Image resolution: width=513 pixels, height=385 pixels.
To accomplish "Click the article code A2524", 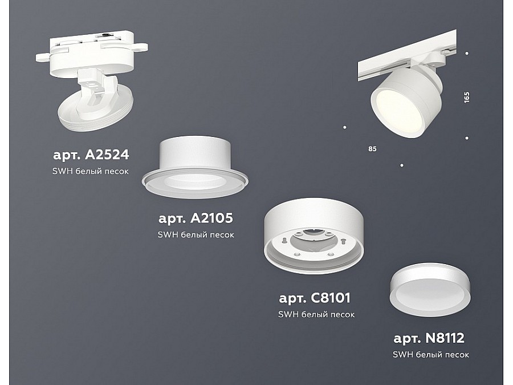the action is [107, 155].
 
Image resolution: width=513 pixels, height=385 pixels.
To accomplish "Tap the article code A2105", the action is [211, 218].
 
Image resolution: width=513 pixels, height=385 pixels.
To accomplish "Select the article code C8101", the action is [330, 298].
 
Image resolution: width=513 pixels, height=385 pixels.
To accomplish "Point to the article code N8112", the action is [445, 338].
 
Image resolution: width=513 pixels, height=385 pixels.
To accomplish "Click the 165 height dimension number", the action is [466, 97].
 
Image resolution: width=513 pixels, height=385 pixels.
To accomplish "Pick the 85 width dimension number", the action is [372, 149].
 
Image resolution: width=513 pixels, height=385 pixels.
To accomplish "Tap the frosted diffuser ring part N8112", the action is [430, 290].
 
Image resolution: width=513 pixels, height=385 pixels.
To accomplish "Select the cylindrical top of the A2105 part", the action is [195, 152].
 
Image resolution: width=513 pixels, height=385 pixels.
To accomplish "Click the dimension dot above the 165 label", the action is [467, 54].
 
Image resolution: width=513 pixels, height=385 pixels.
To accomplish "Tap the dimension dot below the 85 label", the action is [402, 165].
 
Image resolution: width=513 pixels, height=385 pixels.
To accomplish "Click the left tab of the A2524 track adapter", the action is [43, 57].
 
